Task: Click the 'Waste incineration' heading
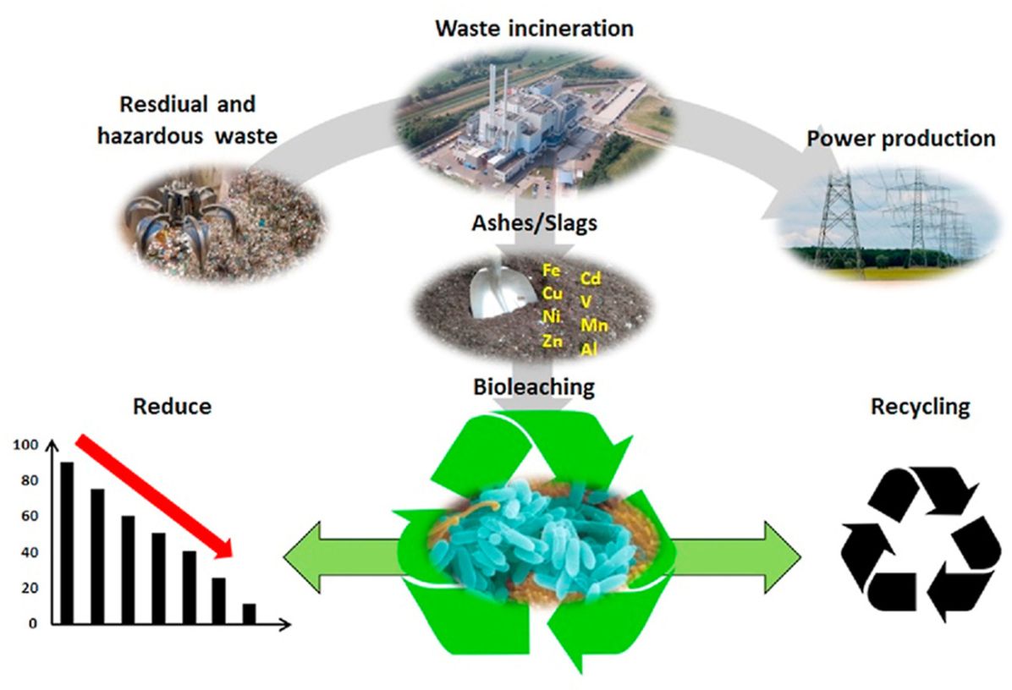tap(534, 29)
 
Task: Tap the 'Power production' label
tap(901, 139)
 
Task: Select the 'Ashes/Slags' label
tap(535, 223)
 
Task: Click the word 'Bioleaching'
tap(534, 387)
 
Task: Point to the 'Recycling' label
tap(921, 407)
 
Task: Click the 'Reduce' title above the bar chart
tap(173, 406)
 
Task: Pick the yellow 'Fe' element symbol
tap(551, 270)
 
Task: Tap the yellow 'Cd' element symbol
tap(591, 278)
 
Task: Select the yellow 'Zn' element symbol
tap(552, 341)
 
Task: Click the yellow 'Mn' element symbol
tap(594, 325)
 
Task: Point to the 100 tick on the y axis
tap(26, 445)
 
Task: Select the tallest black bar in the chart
tap(67, 543)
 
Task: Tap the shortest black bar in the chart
tap(249, 614)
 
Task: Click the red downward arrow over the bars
tap(154, 496)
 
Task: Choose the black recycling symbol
tap(912, 543)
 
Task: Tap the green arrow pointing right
tap(736, 557)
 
